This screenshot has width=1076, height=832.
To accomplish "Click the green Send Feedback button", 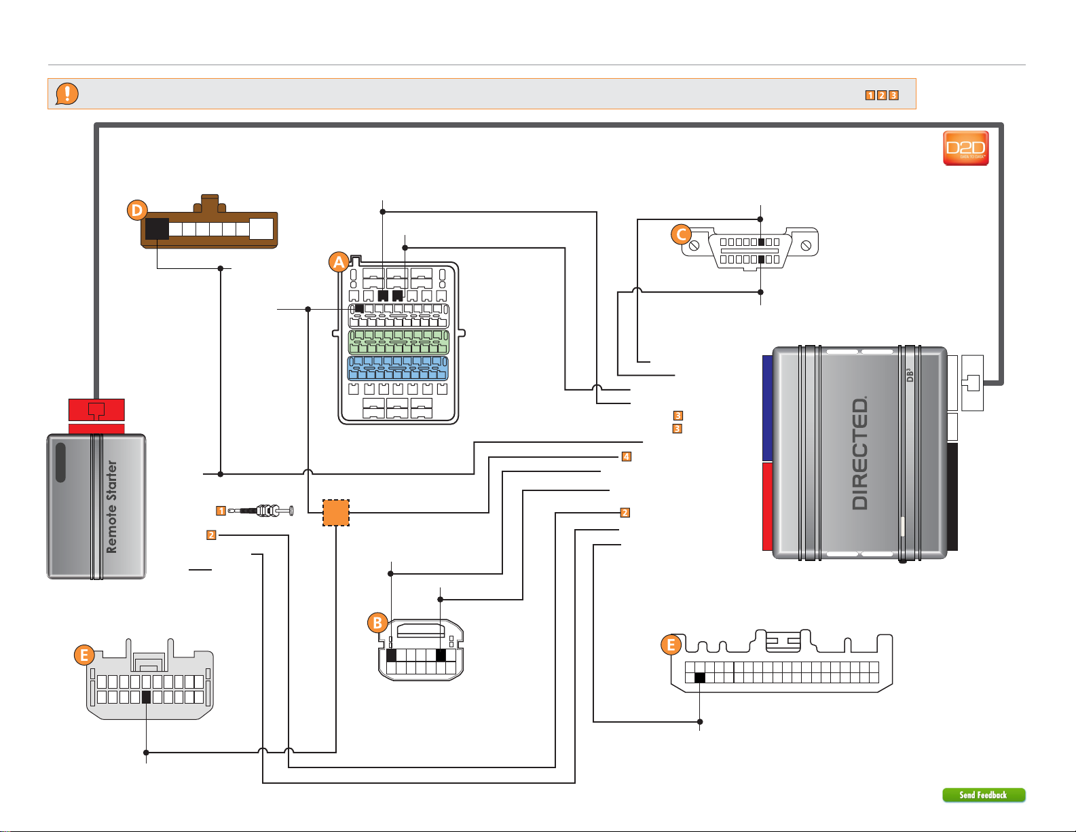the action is [x=984, y=795].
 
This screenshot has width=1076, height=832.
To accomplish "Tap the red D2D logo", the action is [x=965, y=148].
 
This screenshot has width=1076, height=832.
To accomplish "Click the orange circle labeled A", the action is [x=339, y=262].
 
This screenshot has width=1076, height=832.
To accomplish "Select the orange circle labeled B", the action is [x=377, y=623].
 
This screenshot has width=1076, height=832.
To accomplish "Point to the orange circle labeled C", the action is [x=682, y=234].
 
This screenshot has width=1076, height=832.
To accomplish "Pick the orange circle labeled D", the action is [x=137, y=210].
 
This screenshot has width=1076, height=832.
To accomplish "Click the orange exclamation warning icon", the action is [x=67, y=94].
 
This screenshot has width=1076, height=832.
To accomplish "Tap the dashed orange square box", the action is [x=336, y=513].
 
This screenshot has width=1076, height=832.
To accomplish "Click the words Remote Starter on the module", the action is [x=112, y=507].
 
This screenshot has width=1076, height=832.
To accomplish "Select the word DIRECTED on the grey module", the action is [x=859, y=453].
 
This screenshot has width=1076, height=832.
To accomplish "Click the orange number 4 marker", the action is [x=627, y=456].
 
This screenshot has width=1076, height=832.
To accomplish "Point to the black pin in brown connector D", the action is [x=157, y=229].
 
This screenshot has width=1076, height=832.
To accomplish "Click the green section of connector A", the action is [x=398, y=342].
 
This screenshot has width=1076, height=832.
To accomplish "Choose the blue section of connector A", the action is [x=398, y=368].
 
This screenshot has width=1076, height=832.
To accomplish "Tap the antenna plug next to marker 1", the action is [x=261, y=510].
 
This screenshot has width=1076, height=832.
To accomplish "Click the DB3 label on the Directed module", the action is [x=909, y=375].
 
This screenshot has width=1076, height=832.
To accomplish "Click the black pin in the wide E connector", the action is [x=700, y=678].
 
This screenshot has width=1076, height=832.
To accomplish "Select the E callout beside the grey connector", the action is [x=84, y=655].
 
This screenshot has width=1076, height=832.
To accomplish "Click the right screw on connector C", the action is [x=806, y=245].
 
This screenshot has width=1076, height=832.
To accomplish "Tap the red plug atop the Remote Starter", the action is [x=96, y=410].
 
